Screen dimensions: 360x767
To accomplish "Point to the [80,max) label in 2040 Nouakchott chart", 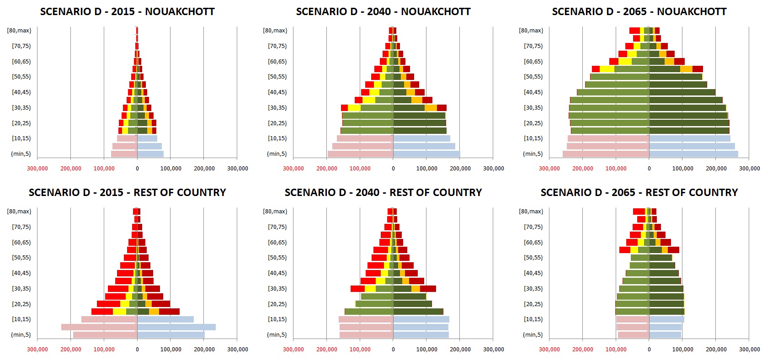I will (x=275, y=31).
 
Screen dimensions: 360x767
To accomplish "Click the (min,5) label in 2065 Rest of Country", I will (x=533, y=335).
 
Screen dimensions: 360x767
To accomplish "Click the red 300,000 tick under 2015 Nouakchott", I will (x=37, y=169).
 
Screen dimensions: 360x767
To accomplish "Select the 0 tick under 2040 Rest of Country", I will (x=393, y=349).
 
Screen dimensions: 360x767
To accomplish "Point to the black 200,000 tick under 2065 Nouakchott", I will (x=716, y=169).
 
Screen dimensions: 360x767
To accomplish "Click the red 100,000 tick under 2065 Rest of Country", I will (x=616, y=349).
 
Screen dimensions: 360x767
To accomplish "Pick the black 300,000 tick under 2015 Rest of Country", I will (x=238, y=349).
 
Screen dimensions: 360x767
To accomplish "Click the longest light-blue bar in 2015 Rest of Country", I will (x=176, y=327).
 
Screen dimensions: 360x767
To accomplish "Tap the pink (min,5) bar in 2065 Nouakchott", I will (x=606, y=154).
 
